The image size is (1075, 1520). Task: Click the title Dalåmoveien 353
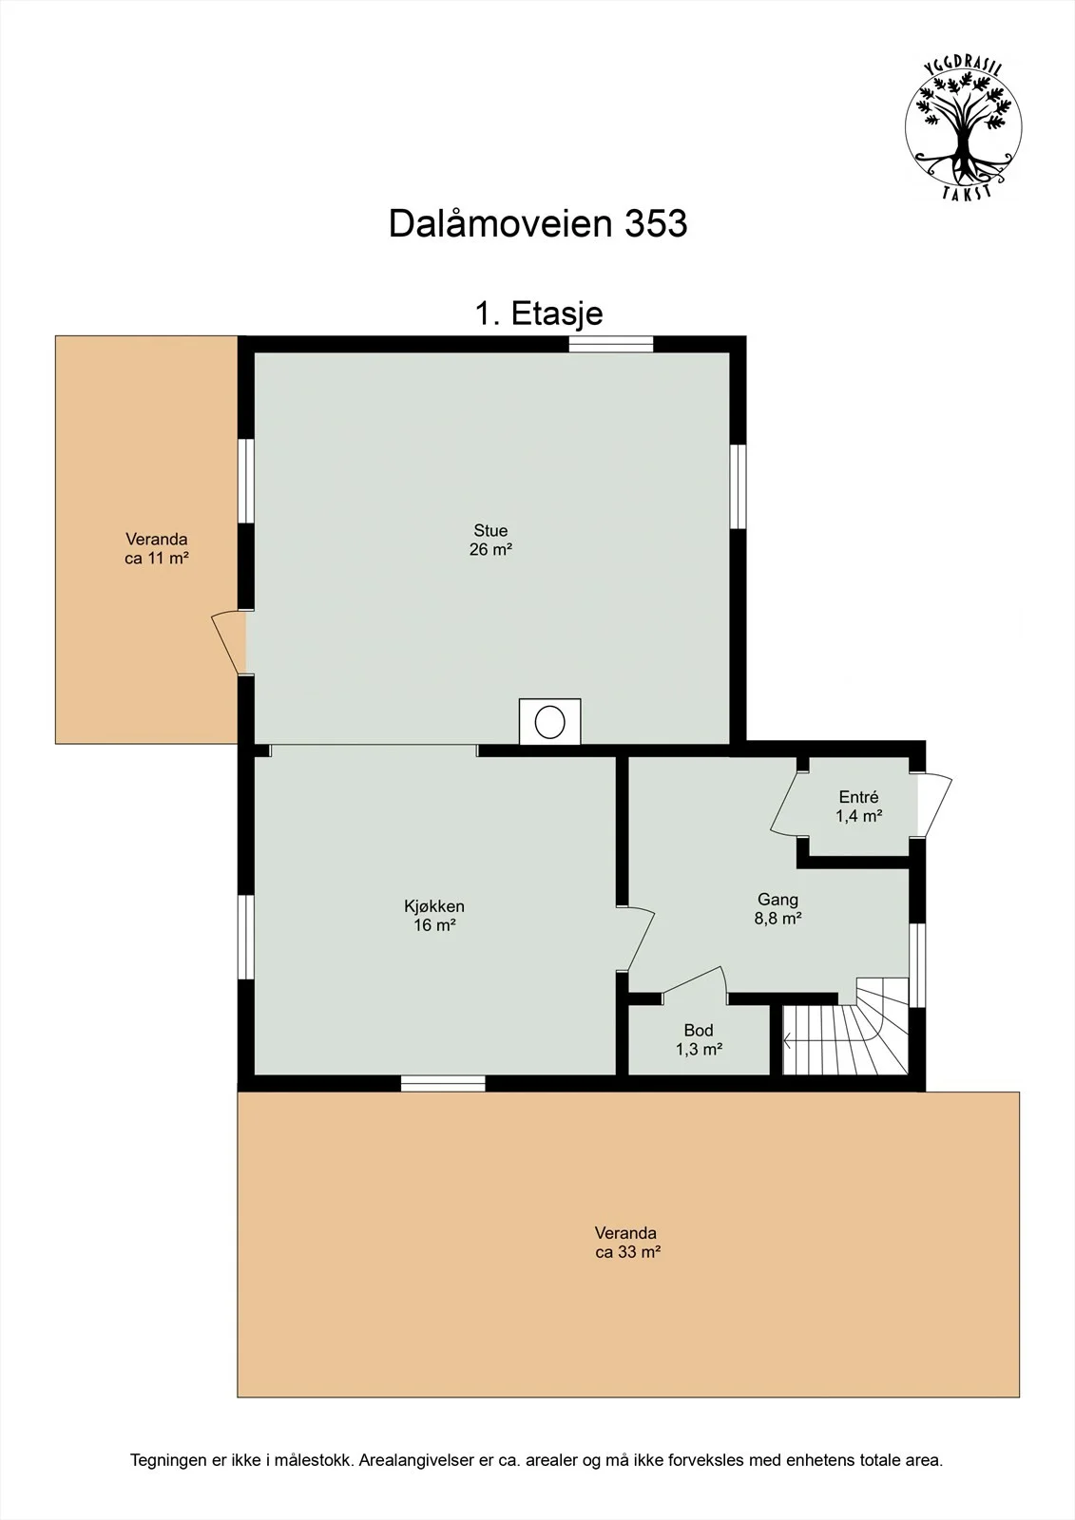538,223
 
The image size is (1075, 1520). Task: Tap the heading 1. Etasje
539,313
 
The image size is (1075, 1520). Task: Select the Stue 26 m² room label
490,541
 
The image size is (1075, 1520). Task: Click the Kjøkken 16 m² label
434,916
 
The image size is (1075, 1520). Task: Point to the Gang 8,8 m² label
778,908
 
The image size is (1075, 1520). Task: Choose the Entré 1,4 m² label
859,807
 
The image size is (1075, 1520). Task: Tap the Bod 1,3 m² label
699,1039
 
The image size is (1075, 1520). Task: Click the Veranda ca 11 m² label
157,549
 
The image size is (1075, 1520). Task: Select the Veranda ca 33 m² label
627,1243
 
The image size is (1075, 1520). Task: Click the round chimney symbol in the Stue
550,721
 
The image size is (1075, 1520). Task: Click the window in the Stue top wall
611,344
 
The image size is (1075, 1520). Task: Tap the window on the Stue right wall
739,485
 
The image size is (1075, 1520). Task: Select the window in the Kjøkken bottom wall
443,1083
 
